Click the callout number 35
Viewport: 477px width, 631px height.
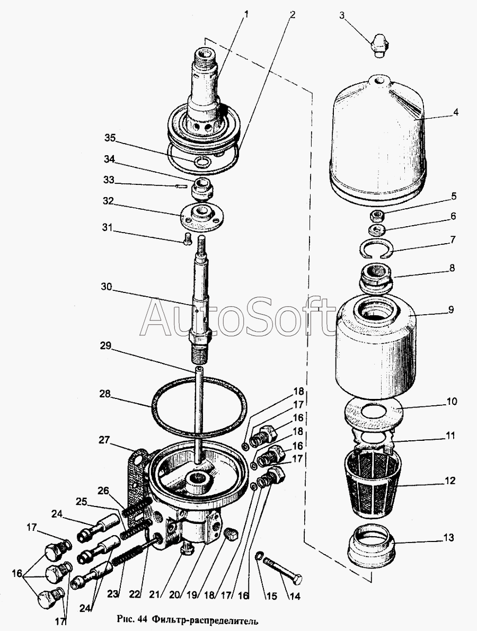110,138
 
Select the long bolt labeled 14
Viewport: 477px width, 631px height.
283,571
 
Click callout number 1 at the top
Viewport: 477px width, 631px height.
246,14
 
